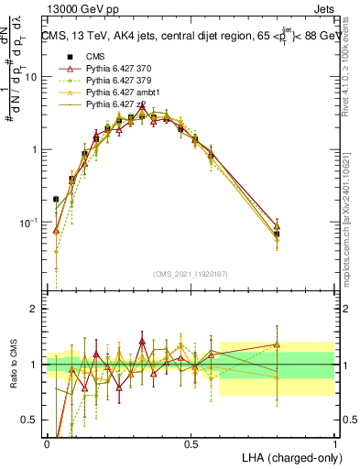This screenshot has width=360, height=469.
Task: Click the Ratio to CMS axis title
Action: [x=12, y=365]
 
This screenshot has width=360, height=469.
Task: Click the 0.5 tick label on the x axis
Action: [x=191, y=442]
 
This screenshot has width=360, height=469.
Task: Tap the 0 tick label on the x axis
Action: [x=47, y=442]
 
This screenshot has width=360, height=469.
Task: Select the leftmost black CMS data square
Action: [x=56, y=199]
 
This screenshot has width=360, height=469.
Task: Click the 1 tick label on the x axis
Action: [x=334, y=442]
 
